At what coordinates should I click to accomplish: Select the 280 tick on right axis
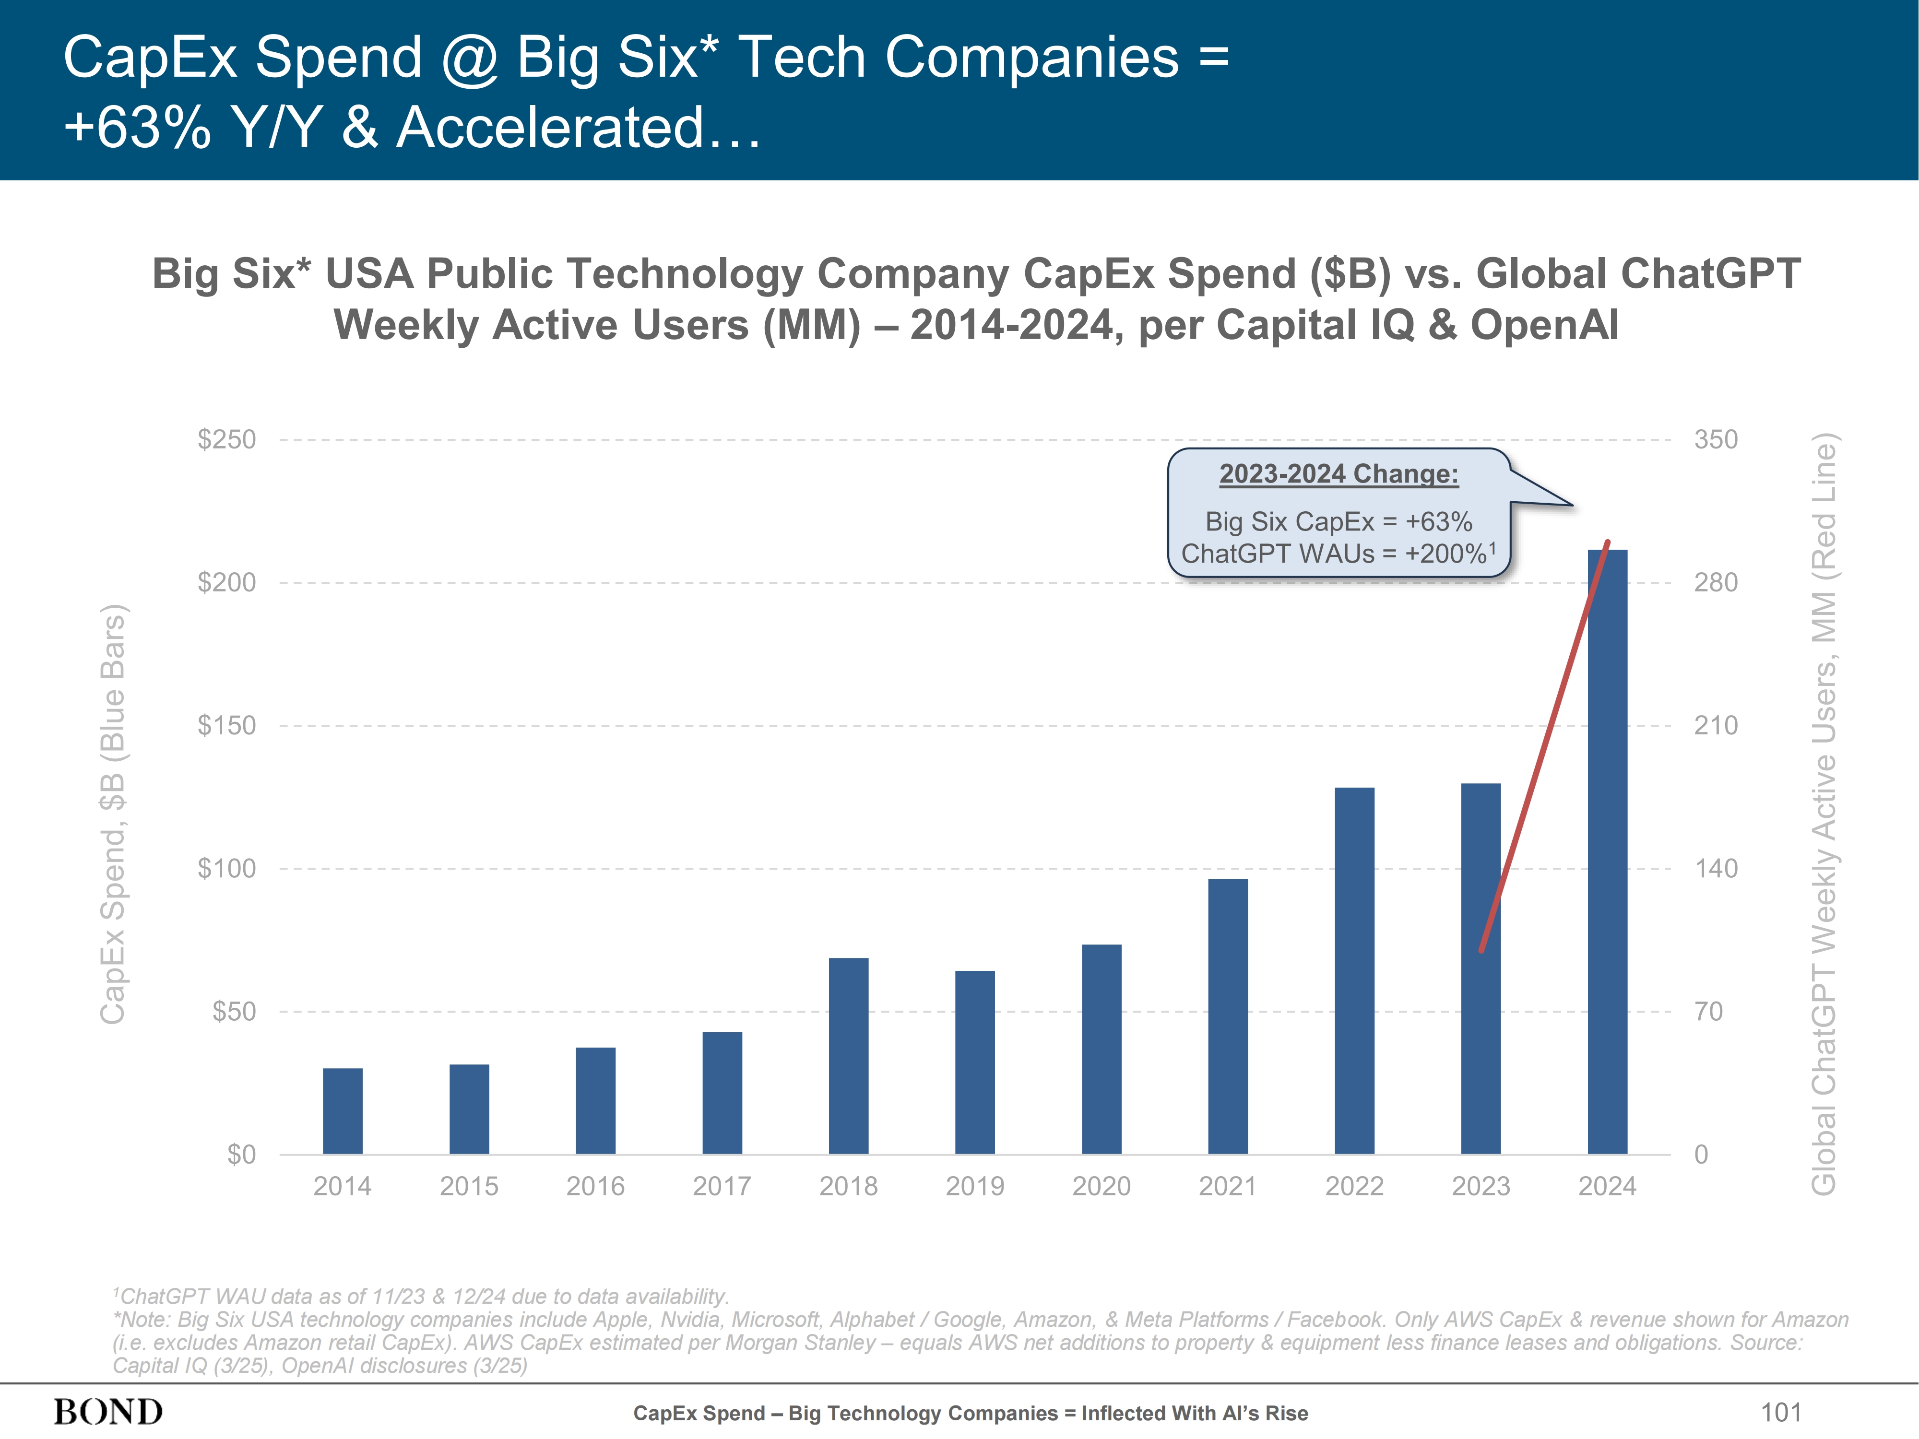[x=1715, y=582]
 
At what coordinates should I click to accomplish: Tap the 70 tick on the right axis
[x=1708, y=1011]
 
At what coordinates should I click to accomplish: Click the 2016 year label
[x=595, y=1187]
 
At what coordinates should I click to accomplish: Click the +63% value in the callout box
[x=1438, y=522]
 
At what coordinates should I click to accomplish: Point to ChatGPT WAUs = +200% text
[x=1336, y=554]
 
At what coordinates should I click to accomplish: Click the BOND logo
[x=108, y=1412]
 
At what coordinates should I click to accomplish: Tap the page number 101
[x=1780, y=1412]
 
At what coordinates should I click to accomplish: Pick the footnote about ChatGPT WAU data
[x=421, y=1296]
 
